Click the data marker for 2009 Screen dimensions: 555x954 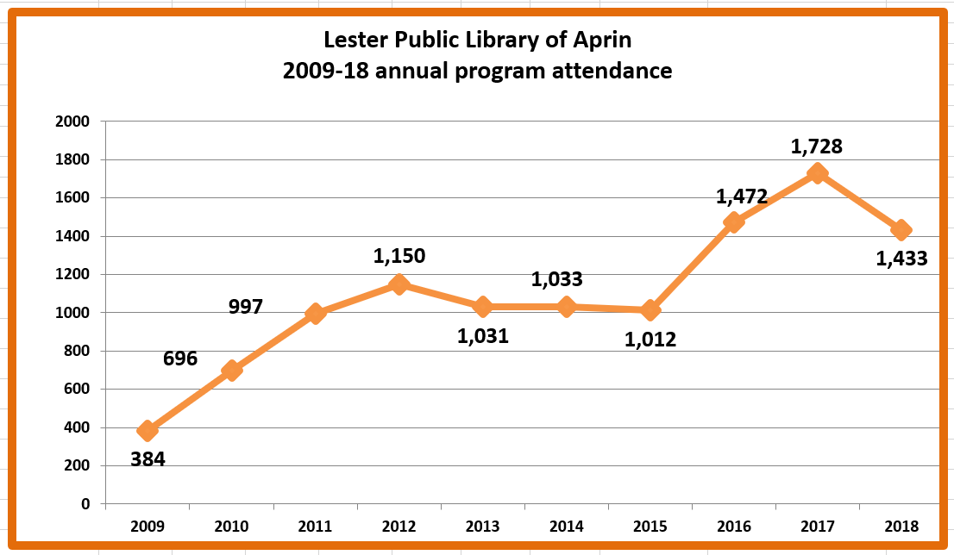(x=147, y=430)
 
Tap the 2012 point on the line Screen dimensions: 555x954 (x=399, y=284)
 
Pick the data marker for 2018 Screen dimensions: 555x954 (x=901, y=230)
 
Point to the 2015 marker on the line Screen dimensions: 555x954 (x=650, y=310)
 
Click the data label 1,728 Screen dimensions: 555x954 (x=816, y=147)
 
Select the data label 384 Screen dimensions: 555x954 (x=147, y=458)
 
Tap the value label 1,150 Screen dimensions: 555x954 (x=399, y=256)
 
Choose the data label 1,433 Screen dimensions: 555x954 (x=901, y=258)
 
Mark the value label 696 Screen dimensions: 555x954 (x=180, y=359)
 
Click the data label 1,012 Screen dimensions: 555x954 (x=650, y=339)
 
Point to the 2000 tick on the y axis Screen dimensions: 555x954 (x=72, y=122)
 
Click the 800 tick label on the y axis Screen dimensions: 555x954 (x=77, y=351)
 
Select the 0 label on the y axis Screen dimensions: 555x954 (x=85, y=504)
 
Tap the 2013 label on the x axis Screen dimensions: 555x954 (x=482, y=527)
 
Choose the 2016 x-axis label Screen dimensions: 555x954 (x=733, y=527)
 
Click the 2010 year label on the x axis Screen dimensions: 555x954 (x=231, y=527)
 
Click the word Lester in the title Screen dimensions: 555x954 (x=353, y=41)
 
